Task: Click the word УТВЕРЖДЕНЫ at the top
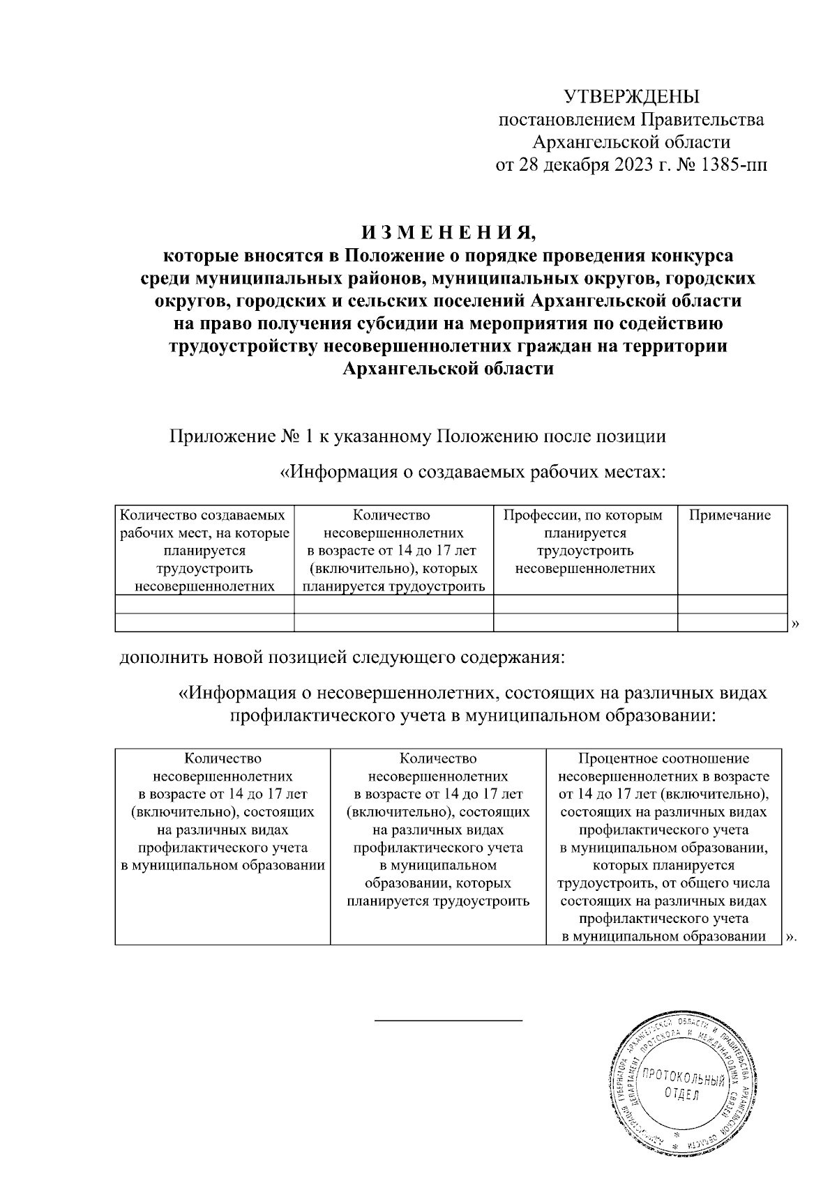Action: point(631,96)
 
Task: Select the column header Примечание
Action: point(730,515)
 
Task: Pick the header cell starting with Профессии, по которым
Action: point(585,542)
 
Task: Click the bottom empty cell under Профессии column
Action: point(585,623)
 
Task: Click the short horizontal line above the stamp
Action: point(448,1020)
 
